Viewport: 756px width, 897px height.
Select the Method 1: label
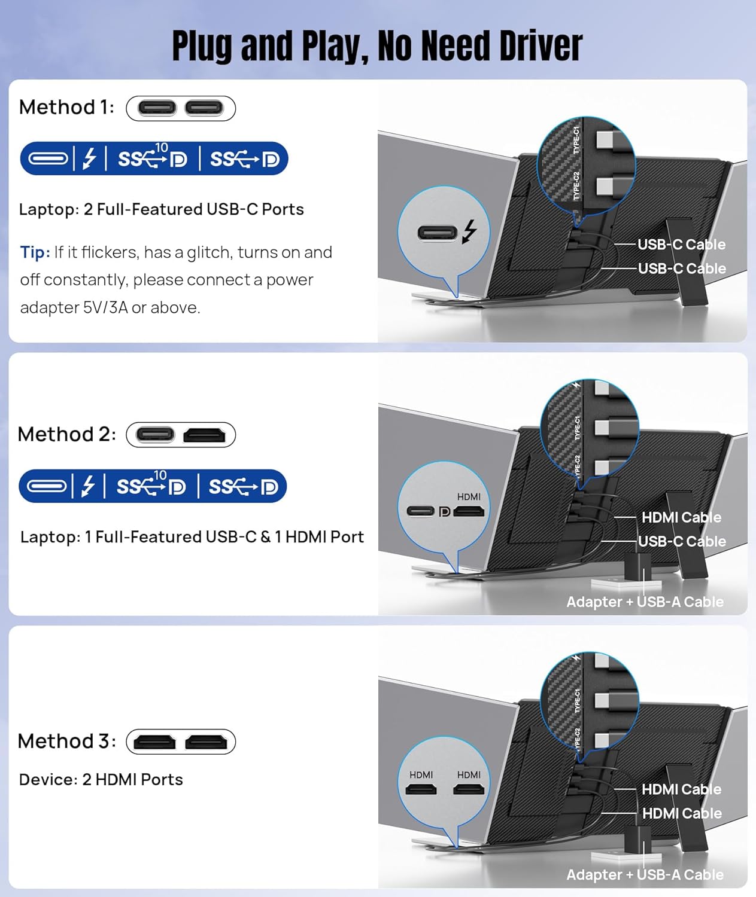click(66, 108)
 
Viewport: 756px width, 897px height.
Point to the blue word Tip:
click(35, 252)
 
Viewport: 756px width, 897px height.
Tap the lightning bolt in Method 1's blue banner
click(89, 158)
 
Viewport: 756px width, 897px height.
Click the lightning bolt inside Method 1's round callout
click(469, 231)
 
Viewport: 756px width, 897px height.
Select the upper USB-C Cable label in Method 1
click(681, 245)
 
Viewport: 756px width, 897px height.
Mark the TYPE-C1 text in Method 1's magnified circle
click(576, 139)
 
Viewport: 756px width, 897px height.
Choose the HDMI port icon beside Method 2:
click(204, 435)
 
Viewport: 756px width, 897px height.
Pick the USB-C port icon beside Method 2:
click(155, 435)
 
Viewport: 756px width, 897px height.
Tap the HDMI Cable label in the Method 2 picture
click(681, 517)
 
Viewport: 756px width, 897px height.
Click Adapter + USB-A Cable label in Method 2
click(645, 602)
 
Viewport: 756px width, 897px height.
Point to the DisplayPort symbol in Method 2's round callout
click(444, 511)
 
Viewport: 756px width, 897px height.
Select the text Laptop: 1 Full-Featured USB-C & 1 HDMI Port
click(192, 537)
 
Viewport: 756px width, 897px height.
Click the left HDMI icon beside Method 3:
click(154, 742)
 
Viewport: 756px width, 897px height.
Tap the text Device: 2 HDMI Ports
click(101, 780)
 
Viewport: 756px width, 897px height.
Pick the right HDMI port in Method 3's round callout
click(469, 789)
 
